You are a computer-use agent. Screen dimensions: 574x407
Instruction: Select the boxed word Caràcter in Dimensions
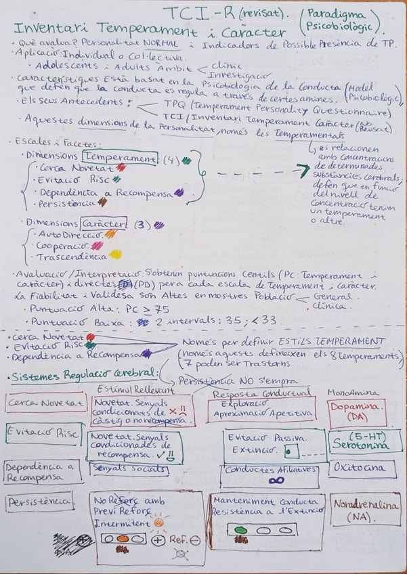[104, 223]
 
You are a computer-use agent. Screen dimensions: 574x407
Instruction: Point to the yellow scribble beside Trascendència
[115, 257]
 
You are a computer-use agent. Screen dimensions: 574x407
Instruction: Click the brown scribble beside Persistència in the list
[102, 201]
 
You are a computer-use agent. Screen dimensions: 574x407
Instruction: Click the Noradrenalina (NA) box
[362, 512]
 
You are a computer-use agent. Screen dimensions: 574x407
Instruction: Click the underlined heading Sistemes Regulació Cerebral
[81, 374]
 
